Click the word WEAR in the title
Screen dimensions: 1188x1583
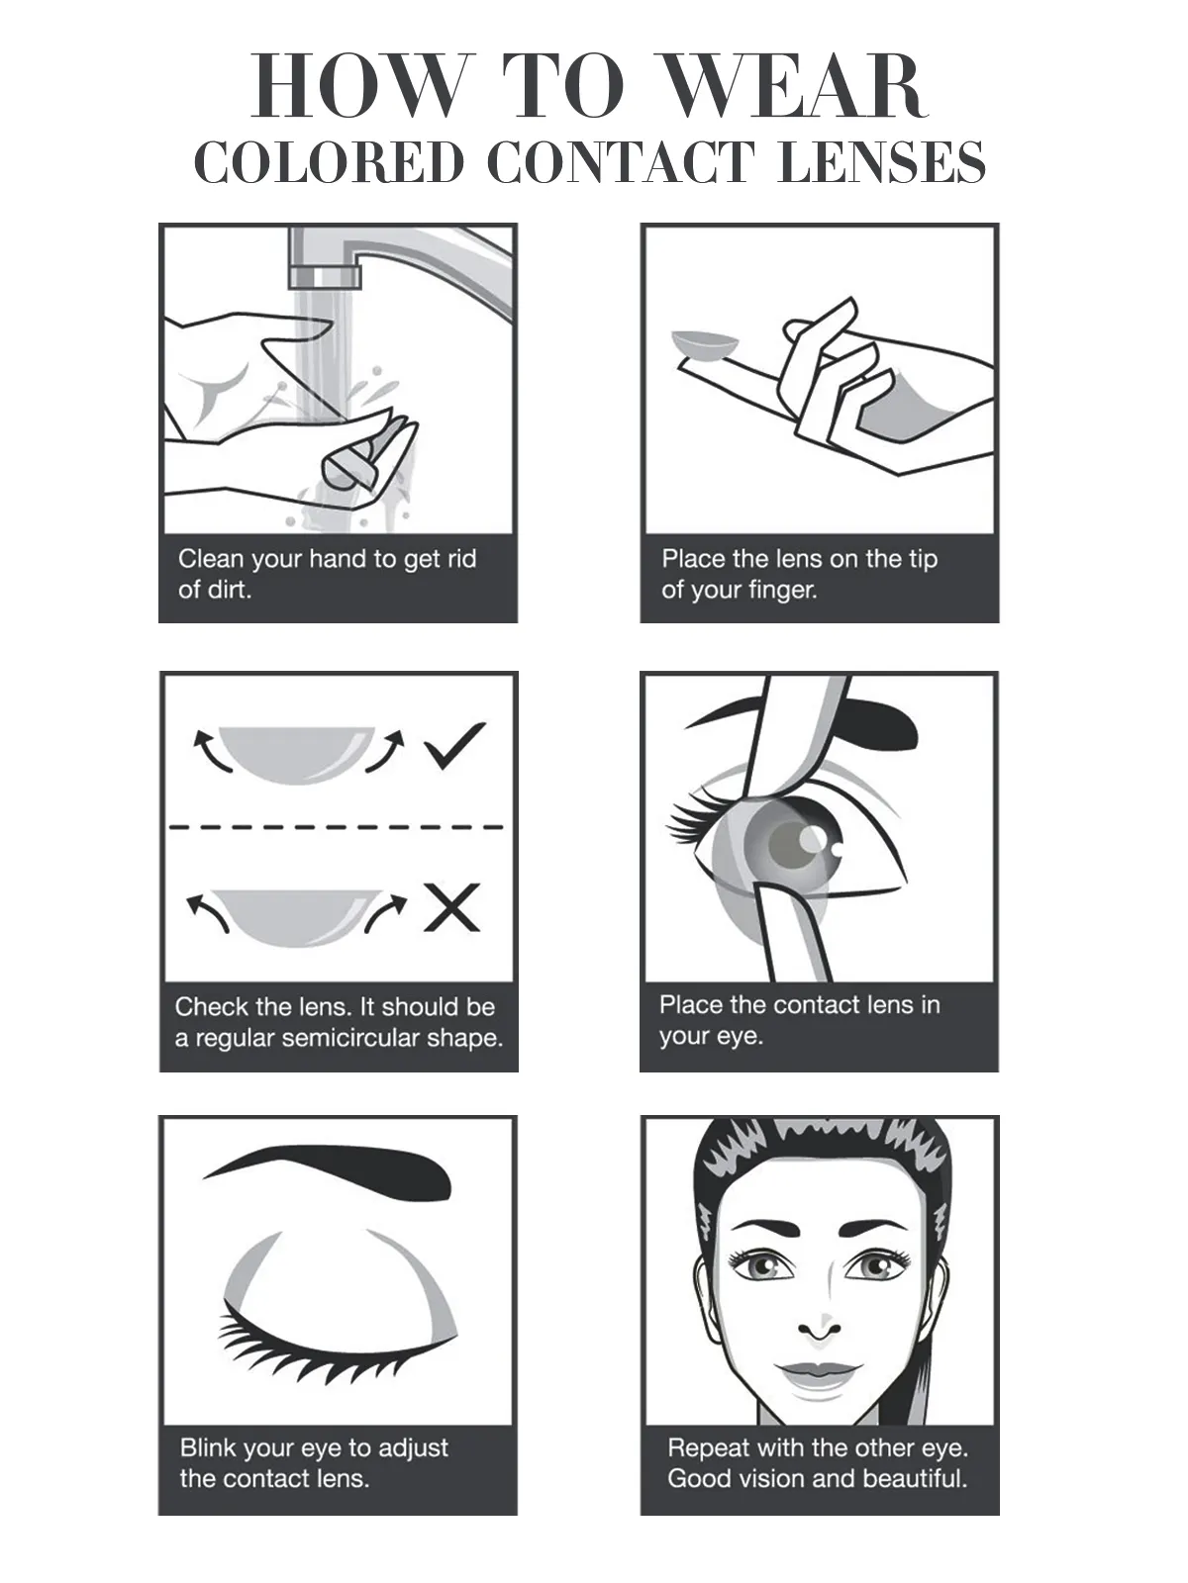pyautogui.click(x=793, y=85)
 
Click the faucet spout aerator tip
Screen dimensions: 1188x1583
pyautogui.click(x=325, y=276)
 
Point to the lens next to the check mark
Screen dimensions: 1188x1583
pyautogui.click(x=296, y=754)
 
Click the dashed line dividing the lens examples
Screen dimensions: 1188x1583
pyautogui.click(x=337, y=826)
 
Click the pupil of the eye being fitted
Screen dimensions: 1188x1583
pyautogui.click(x=791, y=843)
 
